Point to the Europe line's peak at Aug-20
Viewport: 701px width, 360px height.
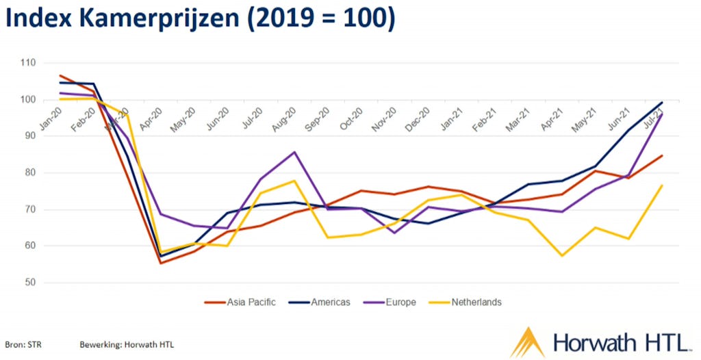(x=294, y=152)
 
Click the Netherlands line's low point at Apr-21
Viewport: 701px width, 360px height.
(x=562, y=256)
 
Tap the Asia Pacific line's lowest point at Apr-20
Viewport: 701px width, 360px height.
(x=161, y=263)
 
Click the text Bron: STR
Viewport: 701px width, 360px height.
(x=22, y=344)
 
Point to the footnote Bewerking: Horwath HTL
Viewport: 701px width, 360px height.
(x=127, y=344)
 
